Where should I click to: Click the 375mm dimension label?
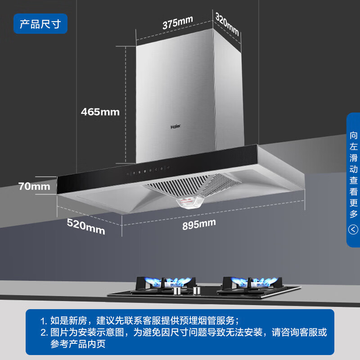177,22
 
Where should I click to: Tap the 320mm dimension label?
227,24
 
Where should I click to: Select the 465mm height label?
100,112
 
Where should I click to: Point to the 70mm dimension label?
34,186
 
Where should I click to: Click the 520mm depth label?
86,226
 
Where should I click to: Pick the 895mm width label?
199,224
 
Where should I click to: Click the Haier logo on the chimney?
175,126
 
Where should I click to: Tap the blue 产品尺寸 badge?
40,24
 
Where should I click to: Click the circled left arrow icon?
353,229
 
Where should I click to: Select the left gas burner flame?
167,281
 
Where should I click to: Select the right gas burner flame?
254,281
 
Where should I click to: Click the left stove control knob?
177,290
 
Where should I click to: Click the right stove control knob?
197,290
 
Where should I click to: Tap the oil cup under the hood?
190,202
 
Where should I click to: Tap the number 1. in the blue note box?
44,321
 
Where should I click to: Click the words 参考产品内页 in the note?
78,344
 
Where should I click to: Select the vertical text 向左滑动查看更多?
353,175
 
